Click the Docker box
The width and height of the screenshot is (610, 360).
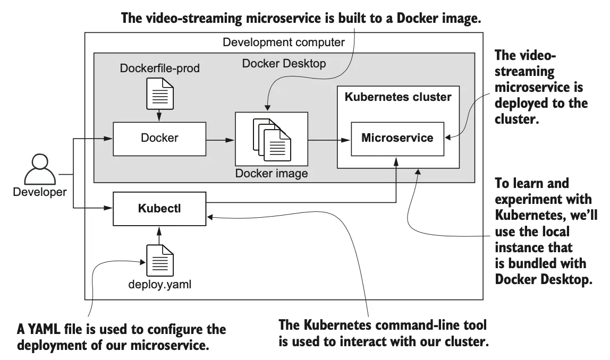159,138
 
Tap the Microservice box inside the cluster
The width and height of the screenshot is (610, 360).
397,138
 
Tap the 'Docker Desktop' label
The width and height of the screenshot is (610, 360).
284,64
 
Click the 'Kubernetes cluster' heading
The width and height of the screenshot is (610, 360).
398,97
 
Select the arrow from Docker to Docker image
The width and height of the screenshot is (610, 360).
220,140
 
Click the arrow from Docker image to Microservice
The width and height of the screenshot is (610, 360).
329,140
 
